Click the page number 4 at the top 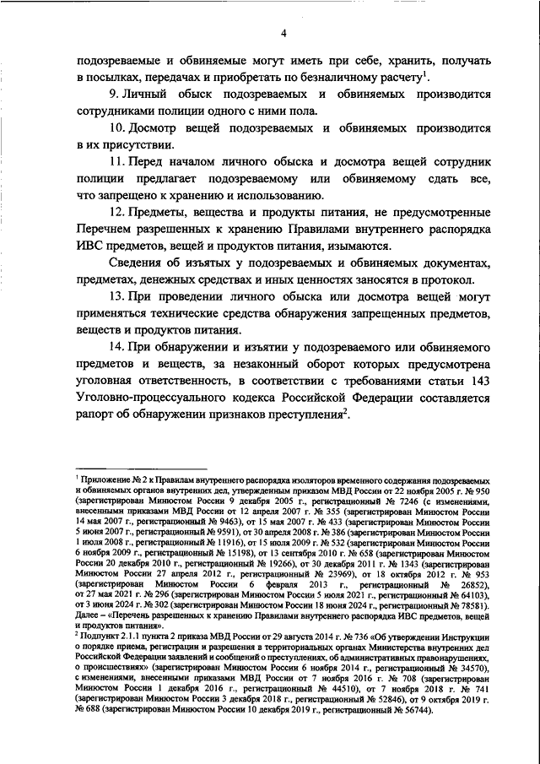coord(284,32)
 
